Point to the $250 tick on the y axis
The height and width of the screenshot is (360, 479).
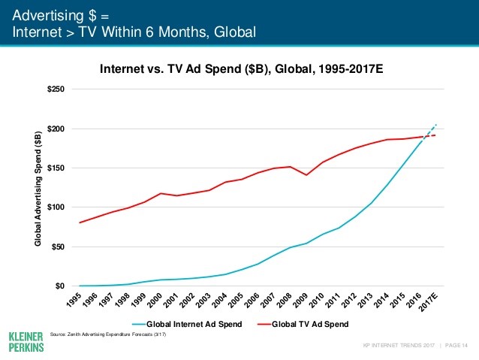click(x=56, y=89)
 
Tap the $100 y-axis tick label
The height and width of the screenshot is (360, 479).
click(x=56, y=207)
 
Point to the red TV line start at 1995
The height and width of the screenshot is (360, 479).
click(x=80, y=222)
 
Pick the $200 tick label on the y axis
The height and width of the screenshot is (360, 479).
click(x=56, y=129)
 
